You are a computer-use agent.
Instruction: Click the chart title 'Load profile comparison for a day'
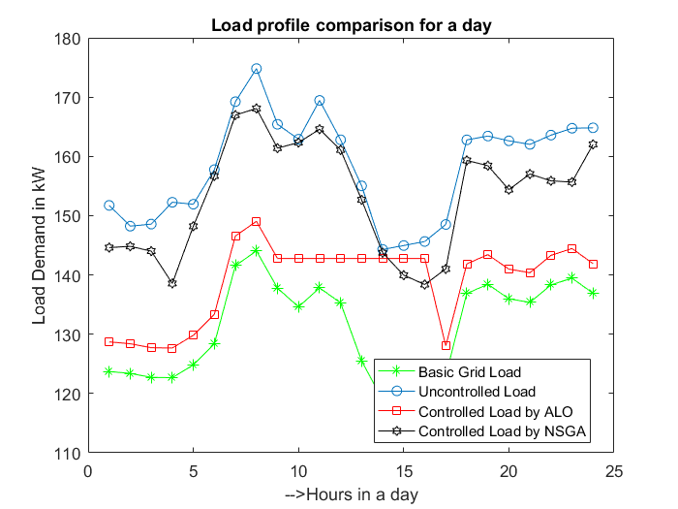click(352, 24)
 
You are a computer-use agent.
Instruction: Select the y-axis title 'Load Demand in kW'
click(40, 245)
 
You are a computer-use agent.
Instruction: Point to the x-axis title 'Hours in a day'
click(352, 493)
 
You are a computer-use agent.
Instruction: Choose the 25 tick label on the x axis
click(614, 471)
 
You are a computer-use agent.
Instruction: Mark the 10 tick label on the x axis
click(298, 471)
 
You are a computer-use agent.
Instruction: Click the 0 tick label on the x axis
click(88, 471)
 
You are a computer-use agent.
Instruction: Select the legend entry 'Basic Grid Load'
click(469, 372)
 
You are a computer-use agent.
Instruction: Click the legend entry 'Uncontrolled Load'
click(476, 392)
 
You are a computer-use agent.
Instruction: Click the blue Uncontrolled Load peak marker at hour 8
click(257, 69)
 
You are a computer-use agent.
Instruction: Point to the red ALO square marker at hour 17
click(446, 345)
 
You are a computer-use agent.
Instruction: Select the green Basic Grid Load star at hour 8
click(257, 250)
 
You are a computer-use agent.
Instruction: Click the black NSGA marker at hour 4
click(172, 283)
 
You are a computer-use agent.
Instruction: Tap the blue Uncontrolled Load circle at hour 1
click(109, 206)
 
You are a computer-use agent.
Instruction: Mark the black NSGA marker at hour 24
click(593, 144)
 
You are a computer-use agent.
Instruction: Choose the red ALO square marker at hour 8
click(257, 222)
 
